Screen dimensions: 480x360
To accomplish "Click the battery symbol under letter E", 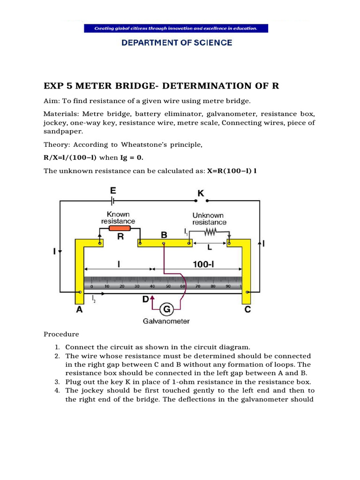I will tap(113, 201).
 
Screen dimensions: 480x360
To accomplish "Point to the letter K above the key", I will tap(200, 192).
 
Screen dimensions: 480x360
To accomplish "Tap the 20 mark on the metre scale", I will tap(122, 285).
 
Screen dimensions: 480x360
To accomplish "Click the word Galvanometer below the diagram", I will tap(166, 321).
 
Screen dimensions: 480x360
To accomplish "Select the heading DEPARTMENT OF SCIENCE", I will tap(176, 43).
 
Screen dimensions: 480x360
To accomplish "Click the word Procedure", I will tap(61, 334).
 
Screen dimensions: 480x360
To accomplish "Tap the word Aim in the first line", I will tap(51, 101).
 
